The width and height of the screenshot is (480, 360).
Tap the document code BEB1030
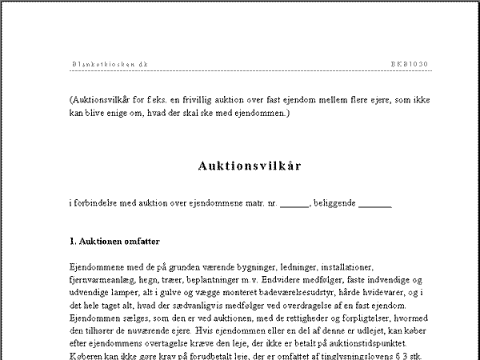point(410,63)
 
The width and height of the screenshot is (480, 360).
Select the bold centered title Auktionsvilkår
point(250,166)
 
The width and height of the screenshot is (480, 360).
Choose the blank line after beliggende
point(376,204)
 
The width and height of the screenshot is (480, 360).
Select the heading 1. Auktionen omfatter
point(114,241)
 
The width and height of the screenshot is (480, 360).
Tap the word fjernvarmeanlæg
point(105,280)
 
